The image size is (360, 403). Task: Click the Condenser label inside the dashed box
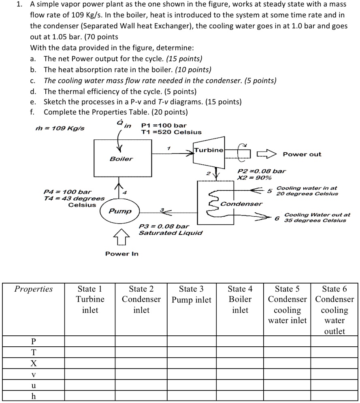[x=241, y=204]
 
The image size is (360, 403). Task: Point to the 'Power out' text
[x=302, y=154]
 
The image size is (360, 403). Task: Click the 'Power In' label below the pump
[x=121, y=254]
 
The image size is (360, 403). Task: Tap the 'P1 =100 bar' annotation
[x=164, y=126]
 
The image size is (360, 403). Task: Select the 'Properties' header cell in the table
[x=33, y=289]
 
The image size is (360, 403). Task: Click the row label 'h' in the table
[x=33, y=396]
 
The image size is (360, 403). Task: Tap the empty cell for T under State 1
[x=90, y=352]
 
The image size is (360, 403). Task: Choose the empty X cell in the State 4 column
[x=240, y=363]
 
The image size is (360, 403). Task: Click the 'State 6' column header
[x=334, y=310]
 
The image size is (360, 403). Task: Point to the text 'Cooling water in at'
[x=306, y=188]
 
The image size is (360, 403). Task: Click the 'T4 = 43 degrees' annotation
[x=74, y=198]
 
